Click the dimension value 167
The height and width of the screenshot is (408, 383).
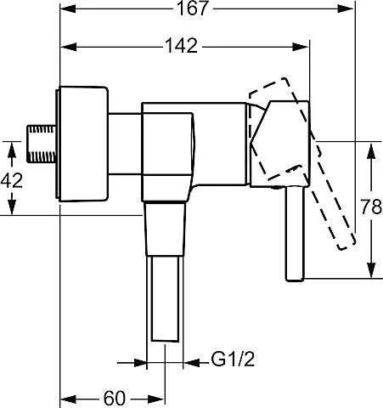tap(193, 8)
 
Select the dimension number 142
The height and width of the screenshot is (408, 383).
tap(182, 46)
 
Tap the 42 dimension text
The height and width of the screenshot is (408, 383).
tap(12, 180)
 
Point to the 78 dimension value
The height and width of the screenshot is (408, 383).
tap(371, 207)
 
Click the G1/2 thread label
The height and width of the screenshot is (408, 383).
tap(233, 360)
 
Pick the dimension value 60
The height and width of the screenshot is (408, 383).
tap(115, 398)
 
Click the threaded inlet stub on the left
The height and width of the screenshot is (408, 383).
tap(42, 144)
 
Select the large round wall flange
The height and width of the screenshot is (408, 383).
tap(82, 144)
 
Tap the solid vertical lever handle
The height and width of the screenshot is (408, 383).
tap(295, 234)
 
